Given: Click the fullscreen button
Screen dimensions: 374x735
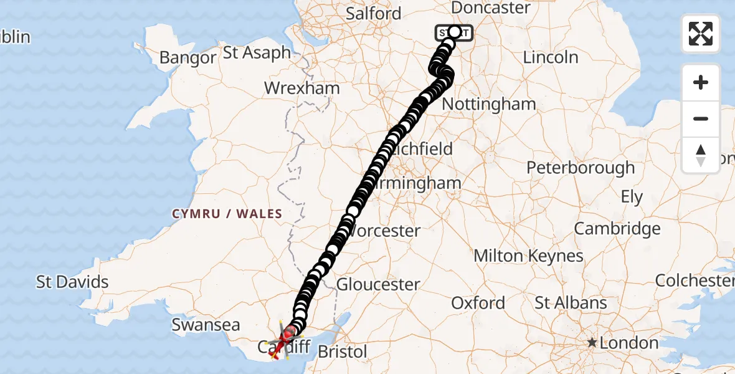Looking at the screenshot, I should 701,34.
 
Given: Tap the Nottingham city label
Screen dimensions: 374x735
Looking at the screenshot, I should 489,104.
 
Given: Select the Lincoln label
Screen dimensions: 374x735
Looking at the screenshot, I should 551,57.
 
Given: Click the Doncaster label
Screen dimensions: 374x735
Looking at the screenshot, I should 491,8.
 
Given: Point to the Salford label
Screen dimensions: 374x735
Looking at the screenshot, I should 374,14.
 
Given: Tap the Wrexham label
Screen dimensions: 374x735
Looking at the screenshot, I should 302,88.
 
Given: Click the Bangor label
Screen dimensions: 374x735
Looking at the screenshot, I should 187,58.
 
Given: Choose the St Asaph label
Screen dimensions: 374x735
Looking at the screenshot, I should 257,52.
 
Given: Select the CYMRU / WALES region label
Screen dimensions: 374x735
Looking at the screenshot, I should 227,214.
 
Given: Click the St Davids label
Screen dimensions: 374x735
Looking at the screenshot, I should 72,282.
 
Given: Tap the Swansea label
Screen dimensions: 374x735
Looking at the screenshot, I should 206,325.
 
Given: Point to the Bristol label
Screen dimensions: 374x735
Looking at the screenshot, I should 342,352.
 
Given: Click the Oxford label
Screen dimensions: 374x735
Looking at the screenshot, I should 478,303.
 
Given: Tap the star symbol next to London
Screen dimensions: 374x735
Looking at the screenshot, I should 592,343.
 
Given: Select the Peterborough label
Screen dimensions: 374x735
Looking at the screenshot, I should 581,168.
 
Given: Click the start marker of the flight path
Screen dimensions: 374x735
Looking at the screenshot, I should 454,32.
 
